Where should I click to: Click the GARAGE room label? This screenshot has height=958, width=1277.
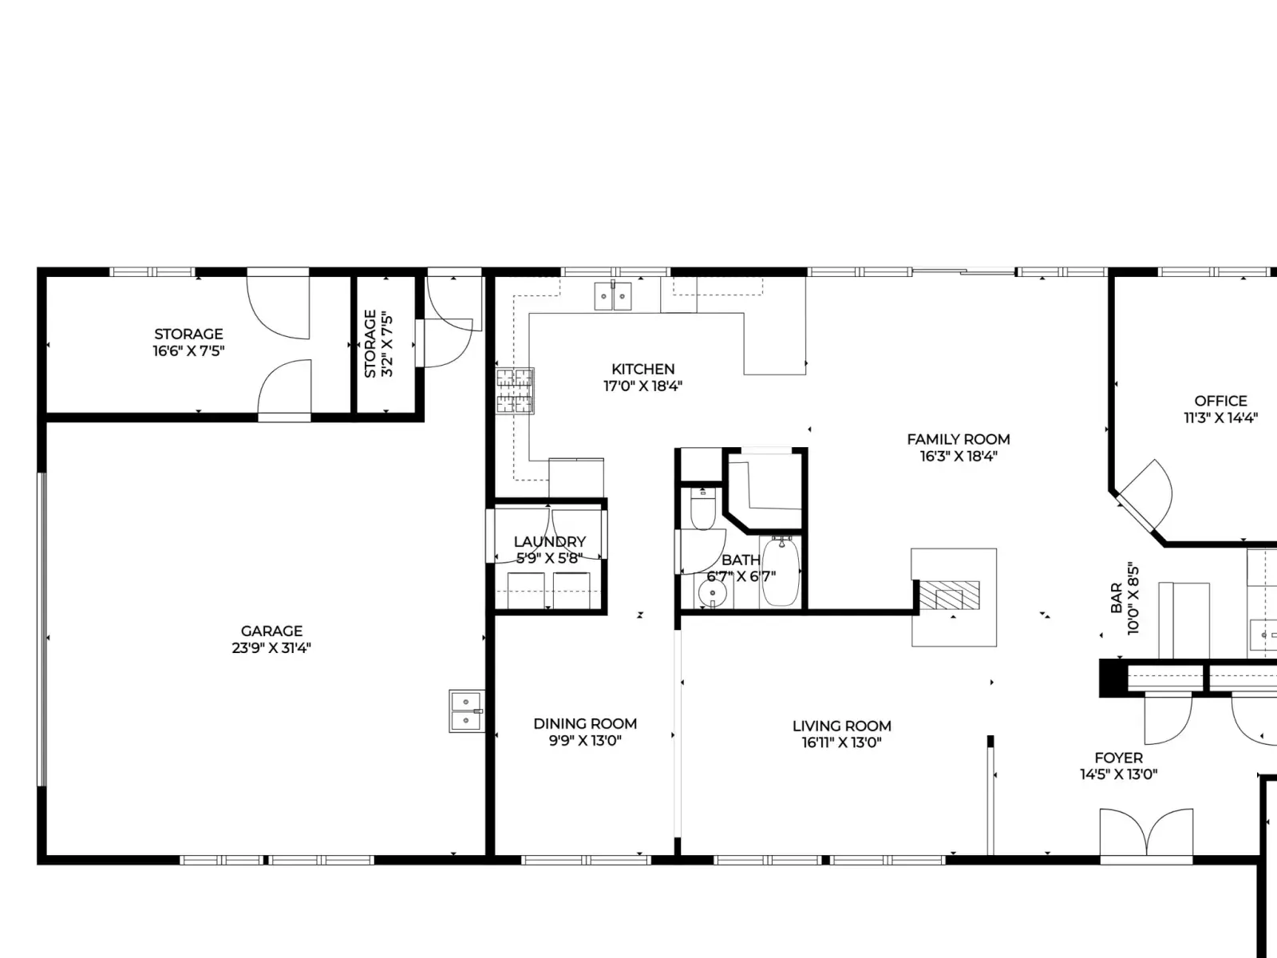click(x=271, y=631)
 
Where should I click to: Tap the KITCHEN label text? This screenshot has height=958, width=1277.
click(x=642, y=370)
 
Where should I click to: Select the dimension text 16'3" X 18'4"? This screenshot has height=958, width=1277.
click(x=959, y=456)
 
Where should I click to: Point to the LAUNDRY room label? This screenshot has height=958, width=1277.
click(x=550, y=541)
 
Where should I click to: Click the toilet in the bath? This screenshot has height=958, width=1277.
click(x=703, y=509)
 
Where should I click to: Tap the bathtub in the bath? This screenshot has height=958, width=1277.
click(x=781, y=571)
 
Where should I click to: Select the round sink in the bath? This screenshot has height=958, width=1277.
click(x=712, y=593)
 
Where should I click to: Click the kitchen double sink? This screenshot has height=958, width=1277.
click(x=613, y=296)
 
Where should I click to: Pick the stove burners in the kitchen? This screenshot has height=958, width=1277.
click(x=515, y=391)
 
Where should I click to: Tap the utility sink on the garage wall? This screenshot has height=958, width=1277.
click(x=467, y=711)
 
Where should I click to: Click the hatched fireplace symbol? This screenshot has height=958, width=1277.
click(x=950, y=596)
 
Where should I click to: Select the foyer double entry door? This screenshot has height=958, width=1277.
click(x=1146, y=833)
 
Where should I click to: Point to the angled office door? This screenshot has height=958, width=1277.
click(x=1145, y=494)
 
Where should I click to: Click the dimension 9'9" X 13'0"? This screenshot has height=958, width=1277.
click(x=585, y=741)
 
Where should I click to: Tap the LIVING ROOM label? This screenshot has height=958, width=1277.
click(x=842, y=726)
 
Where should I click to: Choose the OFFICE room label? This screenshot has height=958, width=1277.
click(x=1220, y=402)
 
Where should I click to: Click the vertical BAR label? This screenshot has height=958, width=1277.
click(x=1117, y=598)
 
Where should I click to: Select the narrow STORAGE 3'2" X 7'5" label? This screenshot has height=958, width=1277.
click(x=379, y=344)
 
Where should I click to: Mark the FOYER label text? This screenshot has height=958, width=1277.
click(x=1119, y=758)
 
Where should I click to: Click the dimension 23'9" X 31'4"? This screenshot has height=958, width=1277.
click(x=271, y=648)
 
